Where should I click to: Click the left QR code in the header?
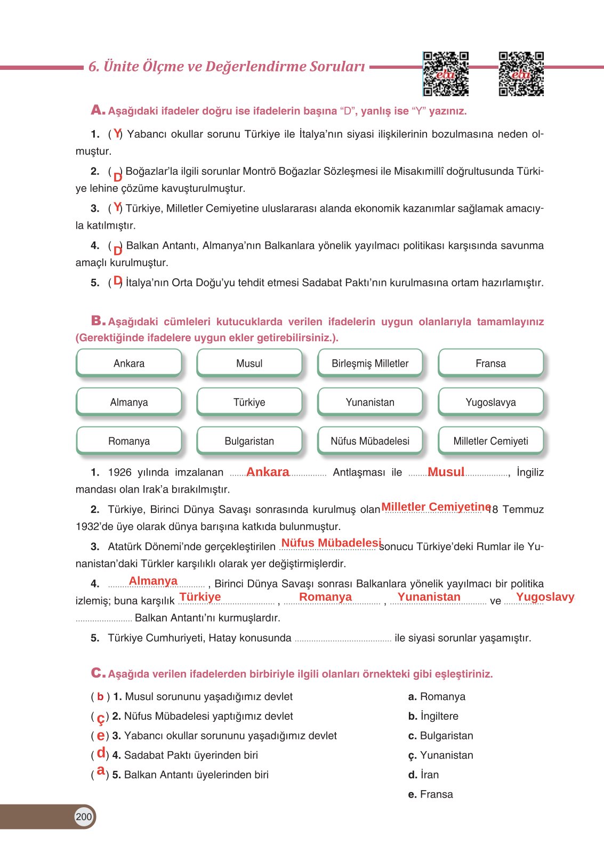[446, 74]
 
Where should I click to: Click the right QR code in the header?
[521, 74]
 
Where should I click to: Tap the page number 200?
[84, 816]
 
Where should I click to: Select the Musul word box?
[249, 363]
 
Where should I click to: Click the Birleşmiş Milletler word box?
[370, 363]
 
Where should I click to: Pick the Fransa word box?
[490, 363]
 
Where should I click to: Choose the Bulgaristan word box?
[249, 441]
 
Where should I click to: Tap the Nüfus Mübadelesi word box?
[370, 441]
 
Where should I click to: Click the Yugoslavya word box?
[490, 402]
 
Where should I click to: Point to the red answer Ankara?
[268, 472]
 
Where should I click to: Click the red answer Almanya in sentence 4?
[153, 581]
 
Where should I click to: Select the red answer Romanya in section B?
[325, 597]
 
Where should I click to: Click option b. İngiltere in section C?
[433, 716]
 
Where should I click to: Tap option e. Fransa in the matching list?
[430, 794]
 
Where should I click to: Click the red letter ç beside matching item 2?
[100, 718]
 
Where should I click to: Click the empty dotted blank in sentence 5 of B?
[342, 639]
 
